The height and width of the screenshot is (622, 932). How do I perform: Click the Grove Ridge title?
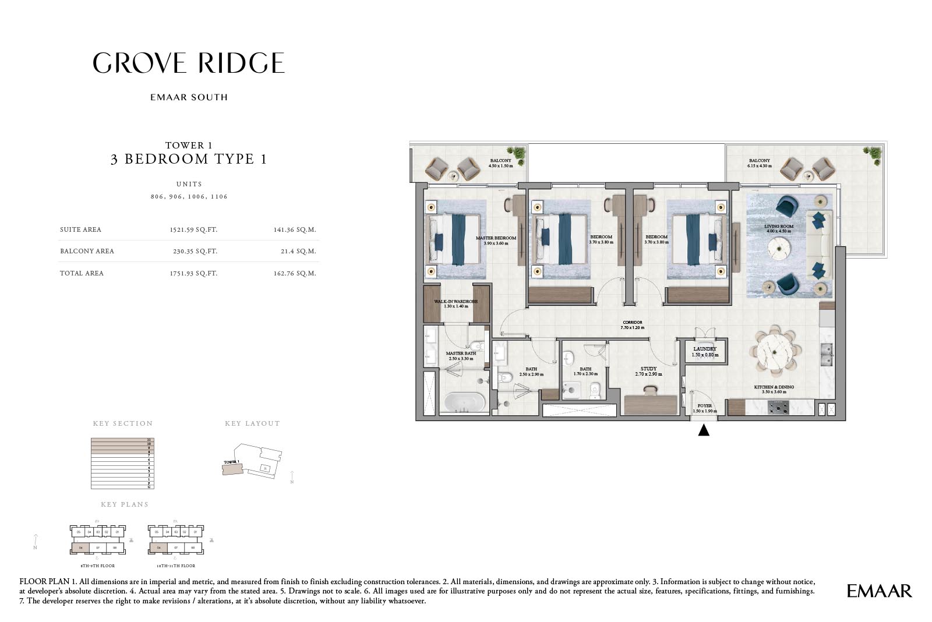[189, 63]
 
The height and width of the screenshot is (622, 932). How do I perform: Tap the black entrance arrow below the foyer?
[704, 430]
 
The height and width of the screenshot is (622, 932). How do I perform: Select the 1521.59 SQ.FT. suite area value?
[193, 229]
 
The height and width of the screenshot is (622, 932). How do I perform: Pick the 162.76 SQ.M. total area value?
[295, 273]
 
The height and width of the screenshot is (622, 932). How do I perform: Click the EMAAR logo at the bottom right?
[879, 591]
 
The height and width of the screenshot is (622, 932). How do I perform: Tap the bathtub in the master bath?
[464, 402]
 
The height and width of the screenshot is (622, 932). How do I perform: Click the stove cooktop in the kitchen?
[778, 407]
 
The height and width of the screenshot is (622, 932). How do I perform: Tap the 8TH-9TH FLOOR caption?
[97, 566]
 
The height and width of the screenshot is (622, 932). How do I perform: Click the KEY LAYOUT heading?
[252, 423]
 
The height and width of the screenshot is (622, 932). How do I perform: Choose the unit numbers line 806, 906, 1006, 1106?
[189, 197]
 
